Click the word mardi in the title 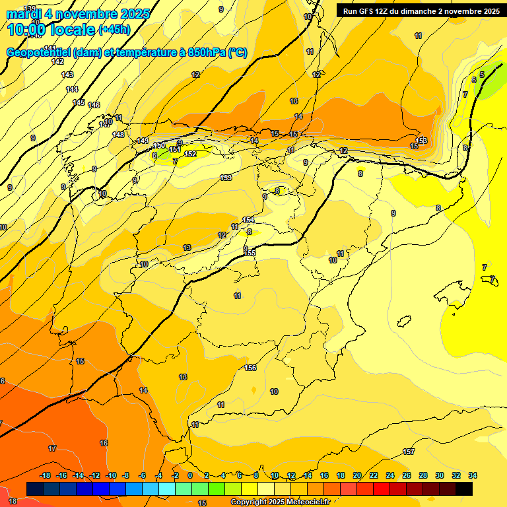coord(24,14)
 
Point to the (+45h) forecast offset coord(114,30)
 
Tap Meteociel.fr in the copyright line coord(306,502)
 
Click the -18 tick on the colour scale coord(45,475)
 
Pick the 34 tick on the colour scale coord(473,475)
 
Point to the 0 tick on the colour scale coord(190,475)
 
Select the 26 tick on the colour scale coord(407,475)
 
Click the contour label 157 coord(409,452)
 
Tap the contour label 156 coord(250,368)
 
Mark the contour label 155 coord(250,253)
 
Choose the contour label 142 coord(57,61)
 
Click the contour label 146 coord(94,106)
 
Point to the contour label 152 coord(190,154)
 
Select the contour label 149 coord(143,141)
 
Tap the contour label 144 coord(72,89)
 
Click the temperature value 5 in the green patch coord(482,75)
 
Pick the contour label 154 coord(248,220)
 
